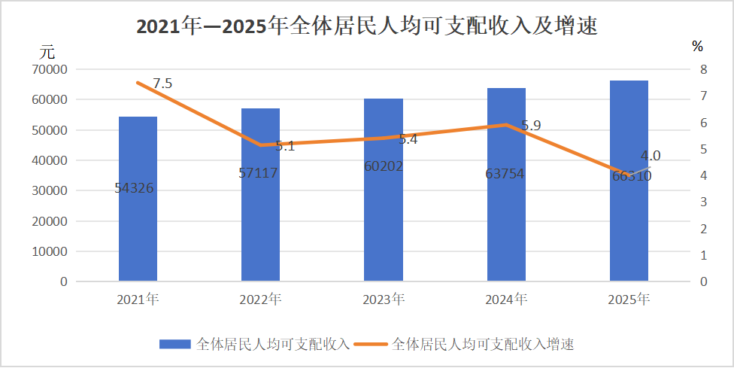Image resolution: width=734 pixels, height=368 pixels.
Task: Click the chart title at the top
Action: [366, 26]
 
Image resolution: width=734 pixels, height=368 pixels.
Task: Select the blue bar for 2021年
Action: [138, 226]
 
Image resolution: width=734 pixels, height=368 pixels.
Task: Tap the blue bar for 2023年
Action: [384, 226]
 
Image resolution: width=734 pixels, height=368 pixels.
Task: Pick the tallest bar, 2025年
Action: [629, 226]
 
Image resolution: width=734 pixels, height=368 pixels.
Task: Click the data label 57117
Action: [258, 173]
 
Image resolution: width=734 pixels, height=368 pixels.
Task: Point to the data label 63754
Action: [505, 174]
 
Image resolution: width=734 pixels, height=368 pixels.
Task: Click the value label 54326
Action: [135, 188]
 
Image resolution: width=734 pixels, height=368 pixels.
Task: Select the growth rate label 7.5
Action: [162, 84]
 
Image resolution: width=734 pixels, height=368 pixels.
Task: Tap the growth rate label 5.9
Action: [531, 126]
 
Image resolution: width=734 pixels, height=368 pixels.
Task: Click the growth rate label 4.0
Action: [651, 156]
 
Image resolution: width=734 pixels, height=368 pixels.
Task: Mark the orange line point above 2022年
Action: [260, 144]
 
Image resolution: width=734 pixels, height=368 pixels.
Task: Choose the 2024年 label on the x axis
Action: [506, 300]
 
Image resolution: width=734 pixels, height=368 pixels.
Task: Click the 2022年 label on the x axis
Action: [260, 300]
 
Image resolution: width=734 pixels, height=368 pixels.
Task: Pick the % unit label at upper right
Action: [697, 47]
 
